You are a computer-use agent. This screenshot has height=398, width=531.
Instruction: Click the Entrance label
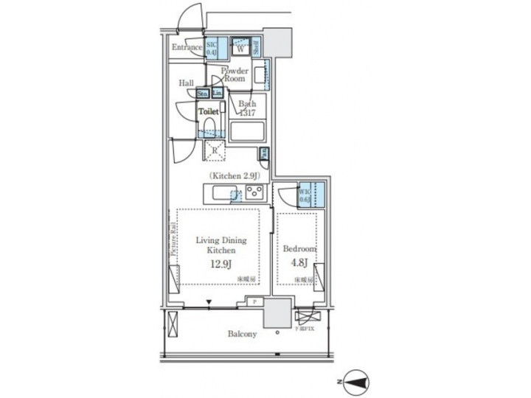[187, 48]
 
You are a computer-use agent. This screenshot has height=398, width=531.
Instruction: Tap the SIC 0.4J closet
[212, 48]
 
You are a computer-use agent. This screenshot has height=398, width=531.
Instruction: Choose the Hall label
[186, 83]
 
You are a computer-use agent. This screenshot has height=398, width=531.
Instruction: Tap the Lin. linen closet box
[217, 93]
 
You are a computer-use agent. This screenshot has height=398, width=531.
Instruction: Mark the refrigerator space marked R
[214, 150]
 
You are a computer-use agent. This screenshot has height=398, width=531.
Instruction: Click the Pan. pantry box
[263, 153]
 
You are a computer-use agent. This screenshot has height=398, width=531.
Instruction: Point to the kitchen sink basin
[221, 193]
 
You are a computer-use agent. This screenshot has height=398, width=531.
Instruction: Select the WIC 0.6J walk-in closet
[305, 195]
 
